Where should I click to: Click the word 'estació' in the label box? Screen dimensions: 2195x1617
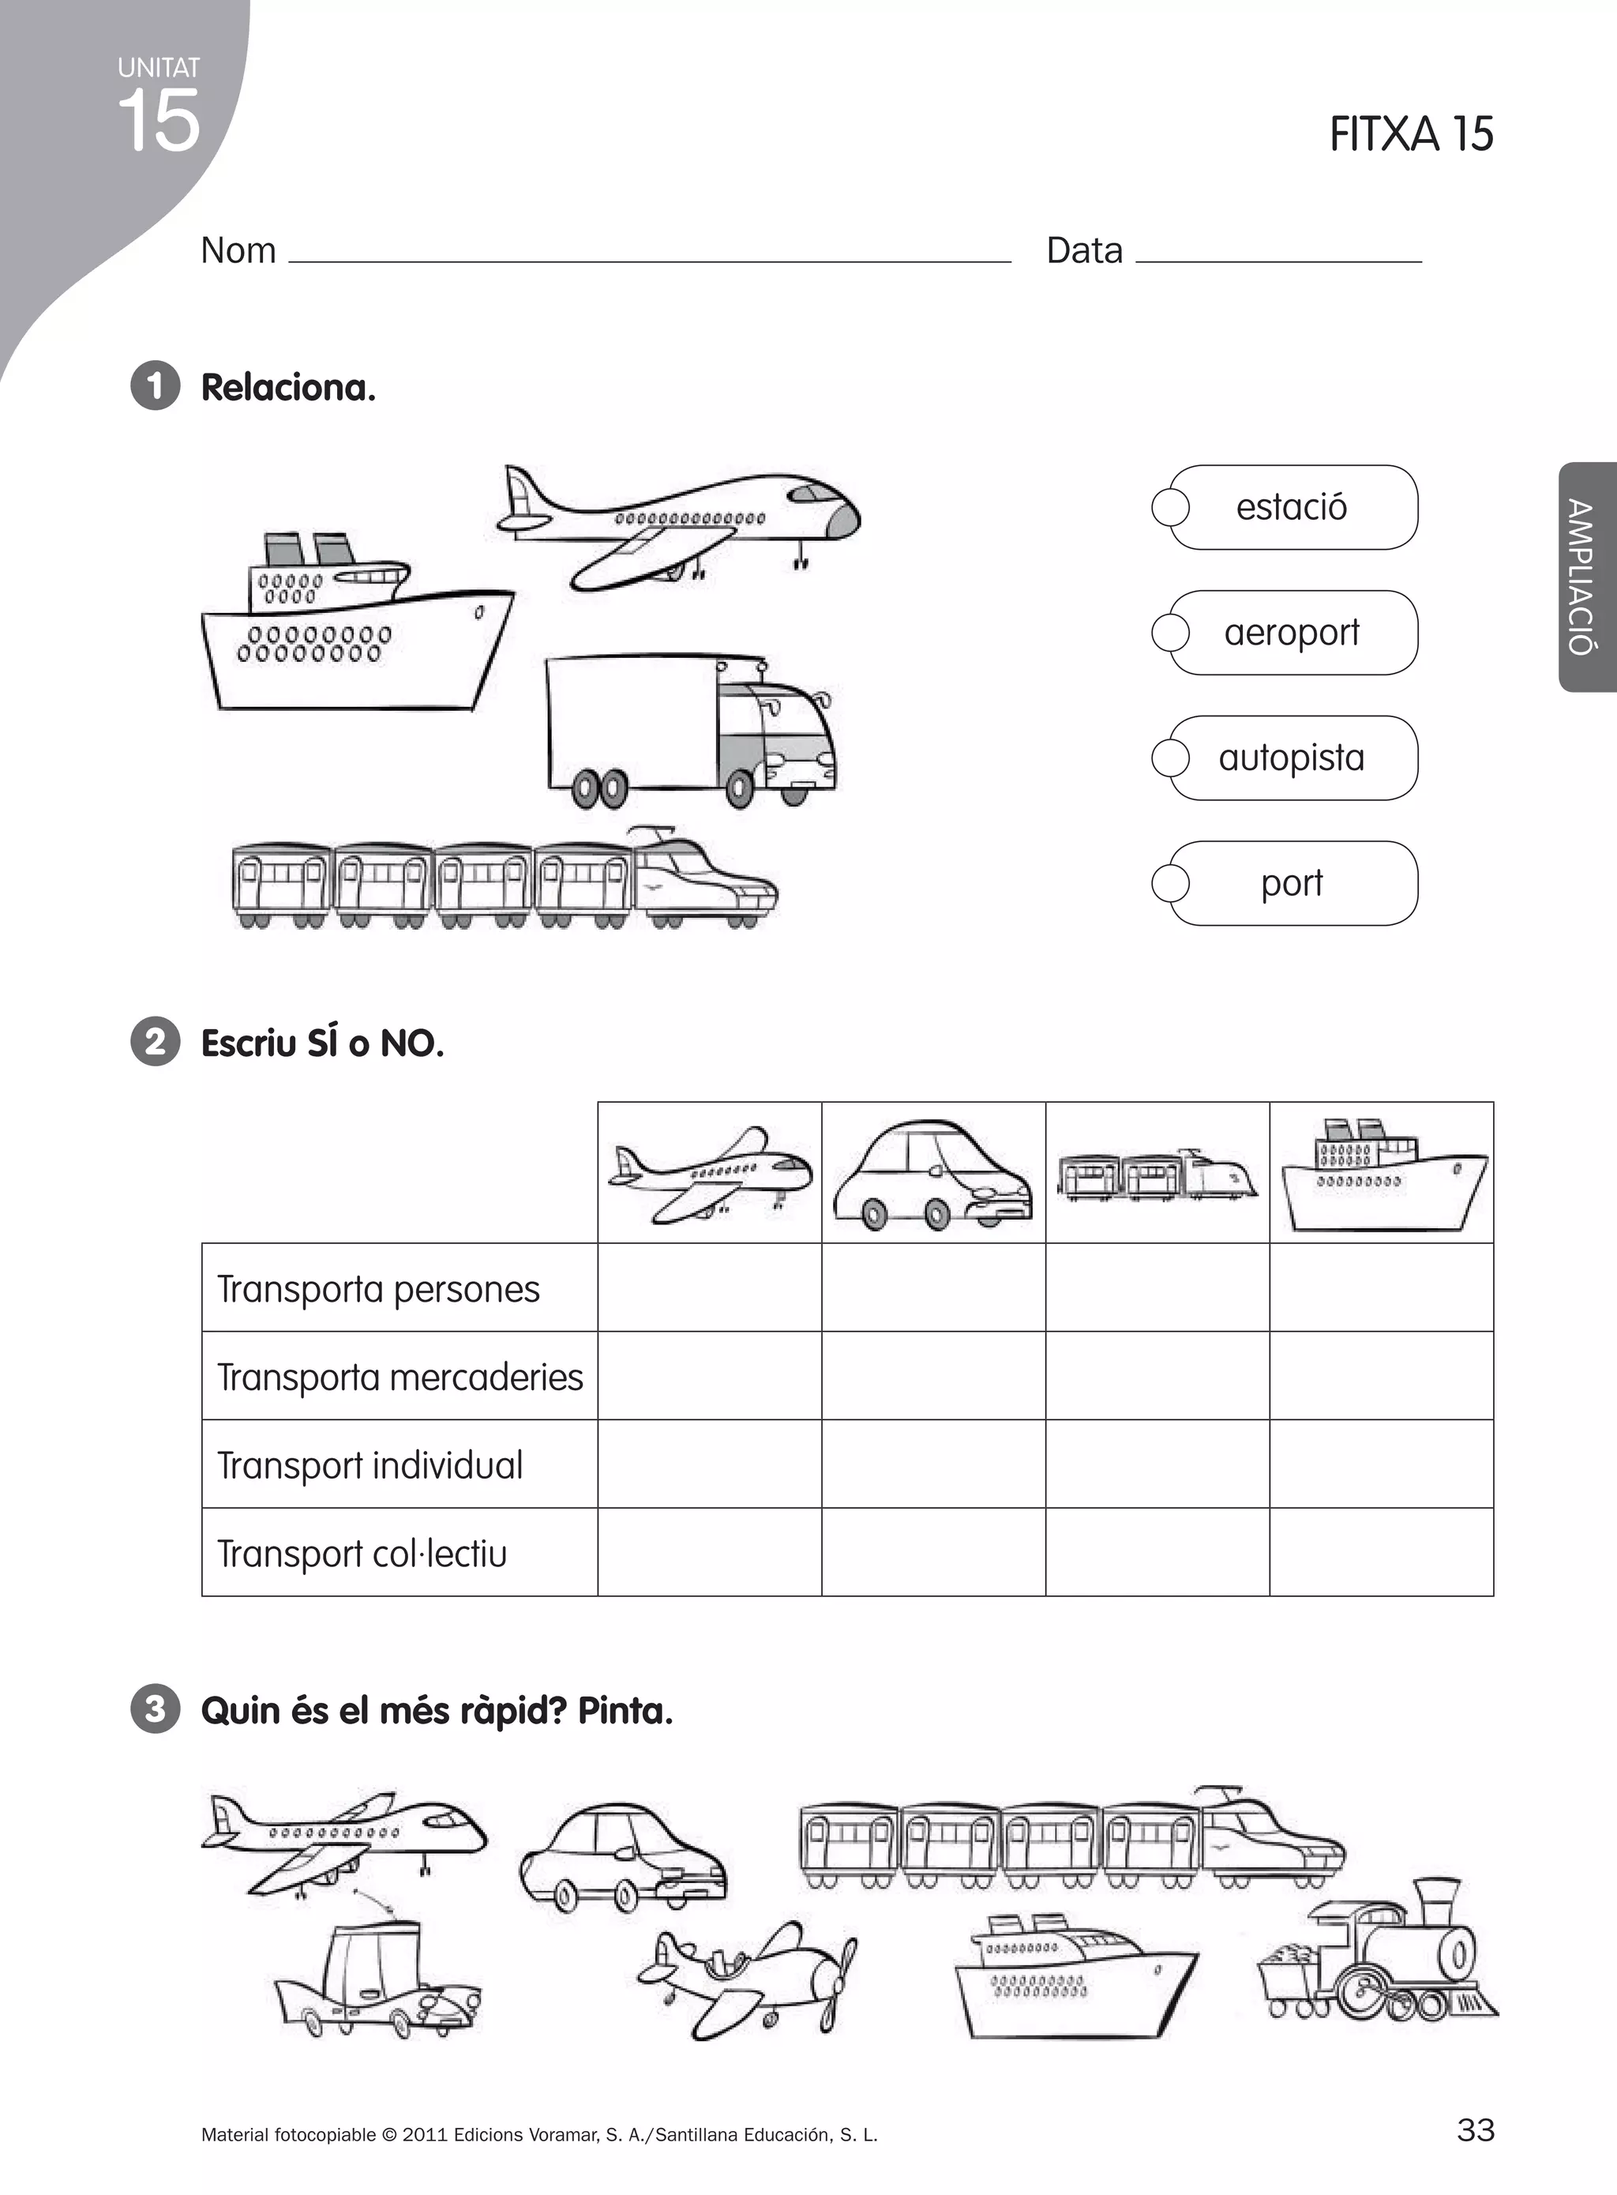pyautogui.click(x=1291, y=507)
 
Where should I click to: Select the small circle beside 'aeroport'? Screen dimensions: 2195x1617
pyautogui.click(x=1169, y=633)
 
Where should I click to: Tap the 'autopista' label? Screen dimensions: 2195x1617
pyautogui.click(x=1291, y=757)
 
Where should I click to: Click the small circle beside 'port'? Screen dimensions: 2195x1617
pyautogui.click(x=1169, y=883)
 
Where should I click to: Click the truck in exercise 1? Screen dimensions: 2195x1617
pyautogui.click(x=690, y=729)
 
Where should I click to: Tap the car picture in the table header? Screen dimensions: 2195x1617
pyautogui.click(x=932, y=1174)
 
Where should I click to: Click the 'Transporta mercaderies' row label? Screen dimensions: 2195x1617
pyautogui.click(x=400, y=1377)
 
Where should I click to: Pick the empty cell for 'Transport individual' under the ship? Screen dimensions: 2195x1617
pyautogui.click(x=1381, y=1464)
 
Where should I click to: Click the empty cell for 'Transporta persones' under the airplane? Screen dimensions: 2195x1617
pyautogui.click(x=710, y=1287)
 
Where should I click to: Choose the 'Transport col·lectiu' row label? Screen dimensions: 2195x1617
pyautogui.click(x=362, y=1553)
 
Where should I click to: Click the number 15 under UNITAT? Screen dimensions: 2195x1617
pyautogui.click(x=159, y=120)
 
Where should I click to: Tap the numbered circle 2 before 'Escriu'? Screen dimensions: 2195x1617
pyautogui.click(x=155, y=1042)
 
